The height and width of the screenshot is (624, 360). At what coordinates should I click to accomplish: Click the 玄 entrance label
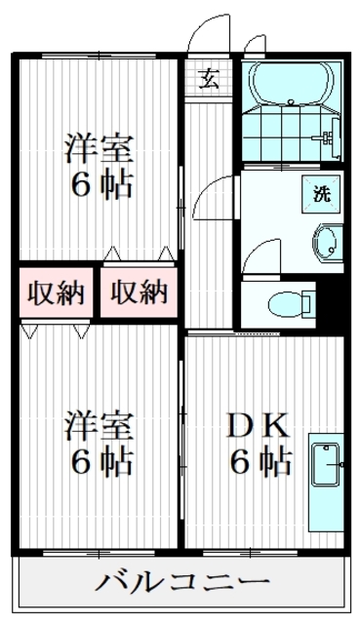210,79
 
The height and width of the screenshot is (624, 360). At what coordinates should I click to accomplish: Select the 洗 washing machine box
321,192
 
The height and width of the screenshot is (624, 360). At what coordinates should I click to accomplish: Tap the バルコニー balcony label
181,584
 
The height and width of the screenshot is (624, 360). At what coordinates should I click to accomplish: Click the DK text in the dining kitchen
258,426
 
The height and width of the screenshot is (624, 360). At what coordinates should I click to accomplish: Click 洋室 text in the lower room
98,426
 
